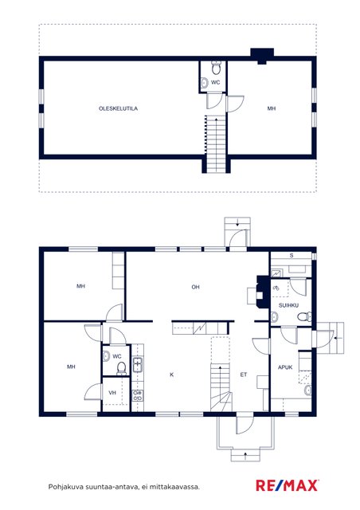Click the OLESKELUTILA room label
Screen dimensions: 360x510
click(118, 108)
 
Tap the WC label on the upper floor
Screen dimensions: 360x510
click(215, 83)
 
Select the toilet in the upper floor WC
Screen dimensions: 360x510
click(216, 67)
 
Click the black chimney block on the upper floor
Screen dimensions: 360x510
click(262, 55)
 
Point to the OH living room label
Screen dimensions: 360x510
click(195, 287)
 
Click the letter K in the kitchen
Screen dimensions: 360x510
click(172, 375)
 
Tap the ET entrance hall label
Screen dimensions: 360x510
click(244, 375)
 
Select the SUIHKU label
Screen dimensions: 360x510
click(288, 305)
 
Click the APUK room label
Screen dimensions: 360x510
click(285, 367)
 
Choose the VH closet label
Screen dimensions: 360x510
click(112, 393)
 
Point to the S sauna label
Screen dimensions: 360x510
click(292, 256)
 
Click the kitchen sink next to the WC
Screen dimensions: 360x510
click(138, 364)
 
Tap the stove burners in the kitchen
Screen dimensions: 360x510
click(138, 395)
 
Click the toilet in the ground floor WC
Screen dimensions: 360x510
click(121, 367)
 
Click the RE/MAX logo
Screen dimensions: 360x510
click(287, 485)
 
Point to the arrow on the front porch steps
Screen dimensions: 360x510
click(245, 454)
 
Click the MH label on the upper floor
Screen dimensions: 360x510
click(272, 108)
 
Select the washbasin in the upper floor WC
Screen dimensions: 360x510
click(204, 83)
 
